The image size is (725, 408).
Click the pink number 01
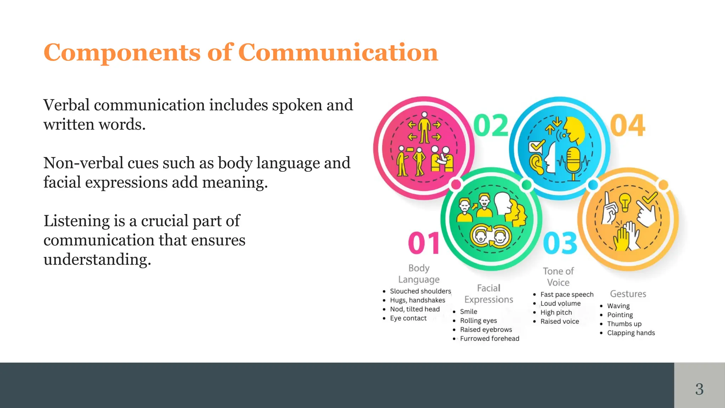point(424,243)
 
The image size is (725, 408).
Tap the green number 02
point(491,125)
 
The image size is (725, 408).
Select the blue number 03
point(560,243)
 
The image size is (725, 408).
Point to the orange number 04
point(628,125)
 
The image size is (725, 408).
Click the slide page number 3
point(699,389)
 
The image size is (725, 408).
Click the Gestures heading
point(628,294)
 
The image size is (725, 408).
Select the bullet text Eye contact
point(408,318)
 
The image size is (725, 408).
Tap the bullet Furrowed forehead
point(490,339)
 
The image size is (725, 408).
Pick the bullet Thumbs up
point(624,324)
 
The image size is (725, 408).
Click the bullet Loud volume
point(560,304)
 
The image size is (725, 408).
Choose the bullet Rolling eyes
point(478,321)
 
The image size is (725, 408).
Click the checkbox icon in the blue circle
point(536,146)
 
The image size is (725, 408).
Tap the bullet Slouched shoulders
point(420,291)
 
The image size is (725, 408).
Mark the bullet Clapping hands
point(631,333)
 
